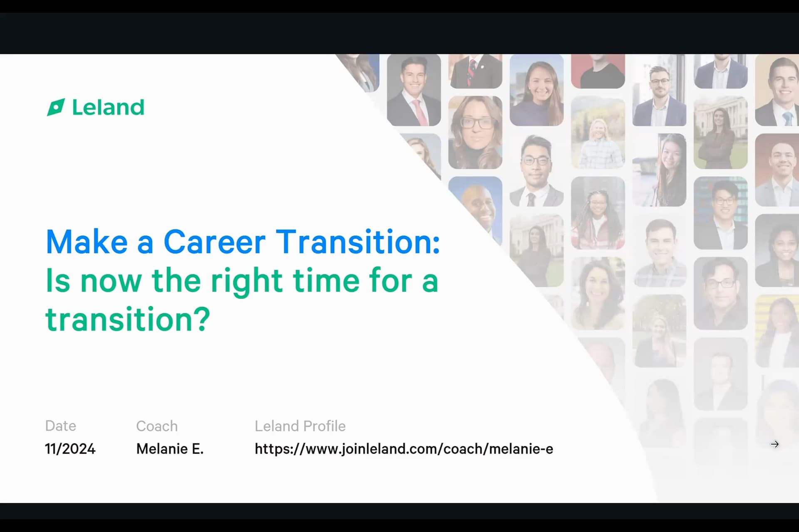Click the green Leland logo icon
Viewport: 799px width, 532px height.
(x=56, y=107)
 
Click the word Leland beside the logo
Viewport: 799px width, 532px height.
(x=108, y=107)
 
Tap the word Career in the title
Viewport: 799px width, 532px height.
(x=214, y=241)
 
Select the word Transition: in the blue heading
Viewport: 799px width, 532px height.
(x=358, y=241)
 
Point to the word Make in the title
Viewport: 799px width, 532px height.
(x=87, y=241)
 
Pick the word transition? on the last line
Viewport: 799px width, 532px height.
(x=128, y=319)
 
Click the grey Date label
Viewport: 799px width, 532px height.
(x=61, y=426)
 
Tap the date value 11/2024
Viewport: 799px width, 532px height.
(x=70, y=449)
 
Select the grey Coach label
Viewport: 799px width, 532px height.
(x=157, y=426)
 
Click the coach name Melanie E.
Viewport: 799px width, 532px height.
(x=170, y=449)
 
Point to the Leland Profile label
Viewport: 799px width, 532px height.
(x=300, y=426)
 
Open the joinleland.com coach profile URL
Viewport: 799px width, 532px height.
(x=404, y=449)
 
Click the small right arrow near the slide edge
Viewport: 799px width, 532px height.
(x=774, y=444)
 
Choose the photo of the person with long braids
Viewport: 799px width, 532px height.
(x=598, y=213)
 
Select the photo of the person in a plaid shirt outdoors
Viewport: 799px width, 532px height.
(x=598, y=133)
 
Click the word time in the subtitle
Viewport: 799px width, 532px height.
(x=326, y=281)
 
